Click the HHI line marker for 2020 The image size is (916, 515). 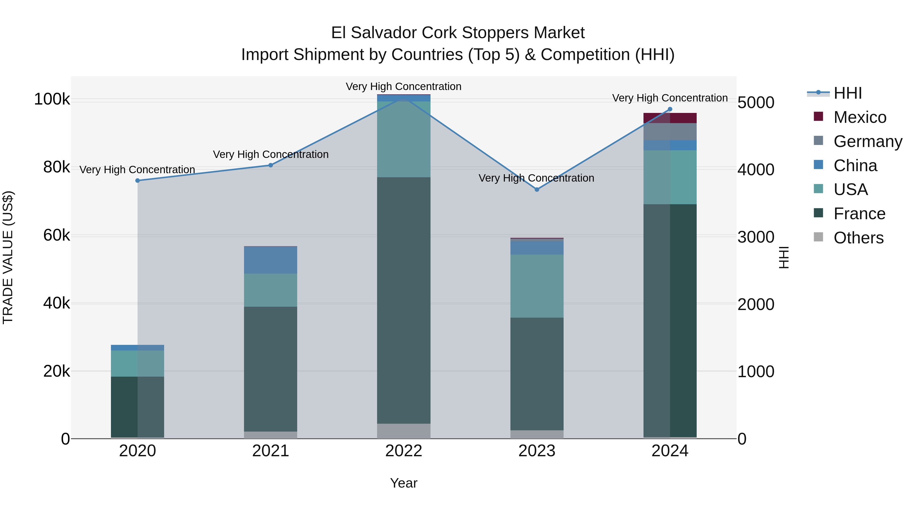pos(138,181)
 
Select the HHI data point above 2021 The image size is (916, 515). pos(271,165)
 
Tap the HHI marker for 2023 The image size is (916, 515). pos(537,189)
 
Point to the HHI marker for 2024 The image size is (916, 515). pos(670,109)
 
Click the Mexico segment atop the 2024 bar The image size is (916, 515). pos(670,118)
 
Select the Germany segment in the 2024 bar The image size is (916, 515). pos(670,132)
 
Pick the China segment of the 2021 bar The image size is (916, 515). pos(271,260)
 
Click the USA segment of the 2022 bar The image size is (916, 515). pos(404,139)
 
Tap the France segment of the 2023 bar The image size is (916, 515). pos(537,374)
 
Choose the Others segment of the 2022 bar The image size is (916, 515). pos(404,431)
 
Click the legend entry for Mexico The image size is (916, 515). pos(860,117)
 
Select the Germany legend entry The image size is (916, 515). pos(867,141)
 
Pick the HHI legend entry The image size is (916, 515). pos(847,93)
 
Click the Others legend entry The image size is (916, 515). pos(858,238)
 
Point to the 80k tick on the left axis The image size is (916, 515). pos(56,167)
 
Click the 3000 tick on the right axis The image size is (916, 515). pos(756,237)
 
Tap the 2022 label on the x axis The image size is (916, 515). pos(404,451)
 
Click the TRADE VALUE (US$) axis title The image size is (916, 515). pos(8,257)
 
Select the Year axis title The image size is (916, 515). pos(404,483)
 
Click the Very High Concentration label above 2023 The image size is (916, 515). pos(536,178)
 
